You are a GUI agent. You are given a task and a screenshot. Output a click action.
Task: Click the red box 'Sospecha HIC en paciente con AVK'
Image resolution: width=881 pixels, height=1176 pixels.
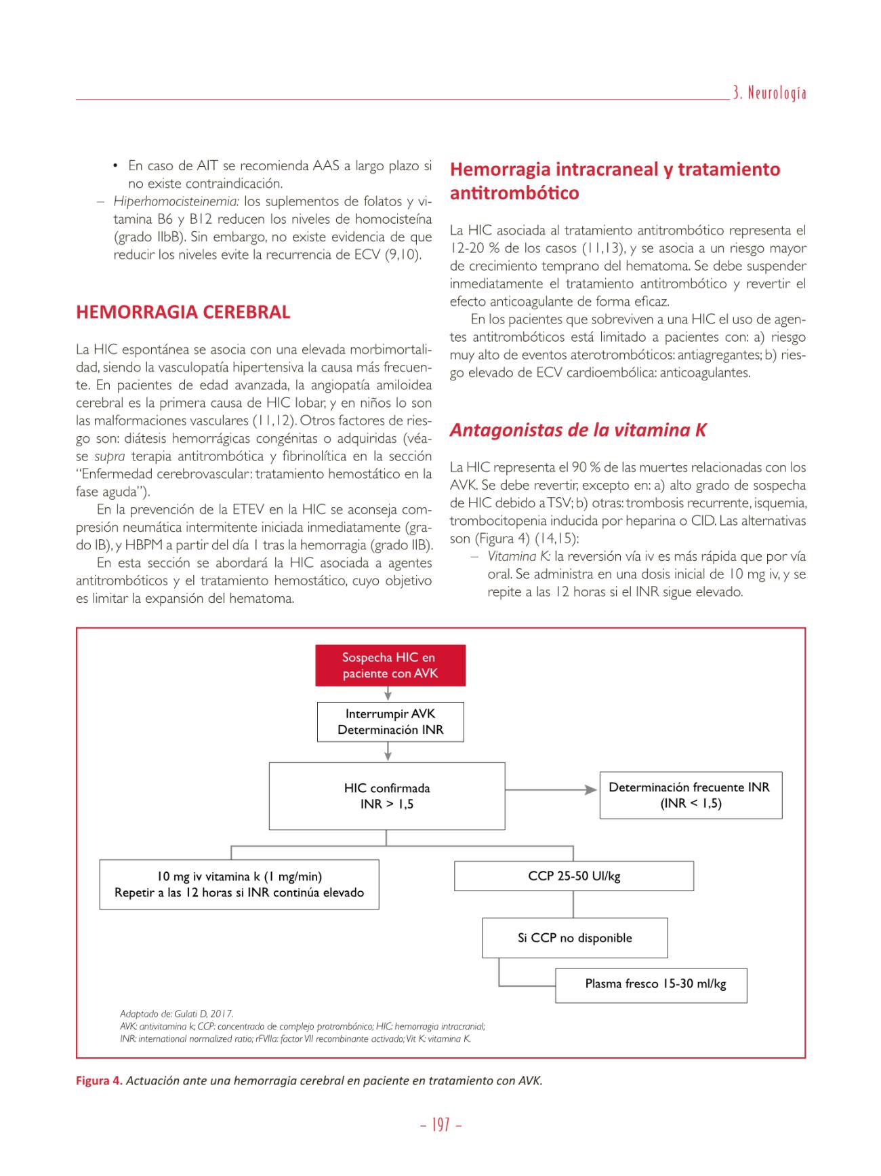[x=389, y=665]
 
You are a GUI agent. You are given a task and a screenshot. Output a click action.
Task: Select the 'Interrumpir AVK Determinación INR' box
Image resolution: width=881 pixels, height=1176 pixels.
[x=390, y=722]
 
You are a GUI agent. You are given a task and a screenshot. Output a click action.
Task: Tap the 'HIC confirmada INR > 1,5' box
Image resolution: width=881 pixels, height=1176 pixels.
[x=387, y=796]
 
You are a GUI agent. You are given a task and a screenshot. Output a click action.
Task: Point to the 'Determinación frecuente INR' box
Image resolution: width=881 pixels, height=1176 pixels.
[x=691, y=795]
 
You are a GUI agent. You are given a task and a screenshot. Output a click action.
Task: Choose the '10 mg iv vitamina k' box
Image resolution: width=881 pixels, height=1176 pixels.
[x=239, y=884]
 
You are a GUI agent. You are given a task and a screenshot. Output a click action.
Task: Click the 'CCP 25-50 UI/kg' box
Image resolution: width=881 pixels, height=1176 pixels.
[x=574, y=876]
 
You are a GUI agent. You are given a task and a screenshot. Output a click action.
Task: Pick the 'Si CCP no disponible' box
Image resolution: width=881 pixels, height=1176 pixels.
[x=575, y=938]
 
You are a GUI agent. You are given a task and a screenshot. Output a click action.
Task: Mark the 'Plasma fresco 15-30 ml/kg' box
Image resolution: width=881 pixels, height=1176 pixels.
[x=651, y=985]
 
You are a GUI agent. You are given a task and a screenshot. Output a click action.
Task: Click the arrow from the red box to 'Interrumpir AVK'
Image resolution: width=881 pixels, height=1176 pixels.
[x=387, y=694]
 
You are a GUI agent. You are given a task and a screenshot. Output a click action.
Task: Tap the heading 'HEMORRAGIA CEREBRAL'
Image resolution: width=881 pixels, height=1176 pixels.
[x=183, y=312]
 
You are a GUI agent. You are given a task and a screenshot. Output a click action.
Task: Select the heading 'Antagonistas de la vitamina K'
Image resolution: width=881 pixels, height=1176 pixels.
[x=578, y=430]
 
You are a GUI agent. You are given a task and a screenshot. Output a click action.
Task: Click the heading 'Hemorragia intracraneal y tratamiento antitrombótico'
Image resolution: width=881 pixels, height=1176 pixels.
[x=615, y=180]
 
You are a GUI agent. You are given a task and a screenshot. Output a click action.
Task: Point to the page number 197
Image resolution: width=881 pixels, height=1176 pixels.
[x=441, y=1125]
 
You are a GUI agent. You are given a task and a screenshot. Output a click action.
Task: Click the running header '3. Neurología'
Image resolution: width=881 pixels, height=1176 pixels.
[x=770, y=94]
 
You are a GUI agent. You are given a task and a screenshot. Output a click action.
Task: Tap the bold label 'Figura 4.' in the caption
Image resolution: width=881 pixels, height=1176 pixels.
[x=99, y=1080]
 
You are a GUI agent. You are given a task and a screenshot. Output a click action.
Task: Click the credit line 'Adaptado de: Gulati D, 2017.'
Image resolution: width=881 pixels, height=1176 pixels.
[x=176, y=1014]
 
